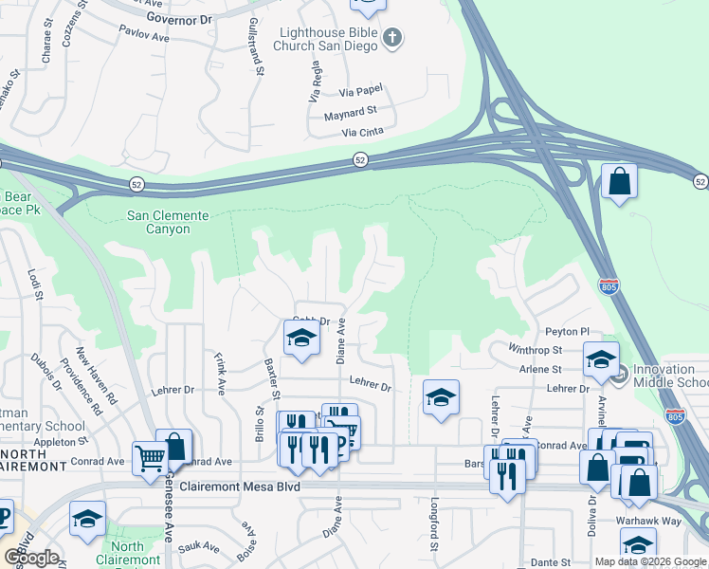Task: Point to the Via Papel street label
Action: [361, 90]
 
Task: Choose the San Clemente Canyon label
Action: [158, 222]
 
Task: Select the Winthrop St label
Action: [535, 351]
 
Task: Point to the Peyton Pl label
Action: [567, 332]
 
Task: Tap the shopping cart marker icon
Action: [150, 459]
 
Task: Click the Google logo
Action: [31, 558]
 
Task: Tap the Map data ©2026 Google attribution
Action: [649, 561]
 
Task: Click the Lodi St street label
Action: [36, 284]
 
